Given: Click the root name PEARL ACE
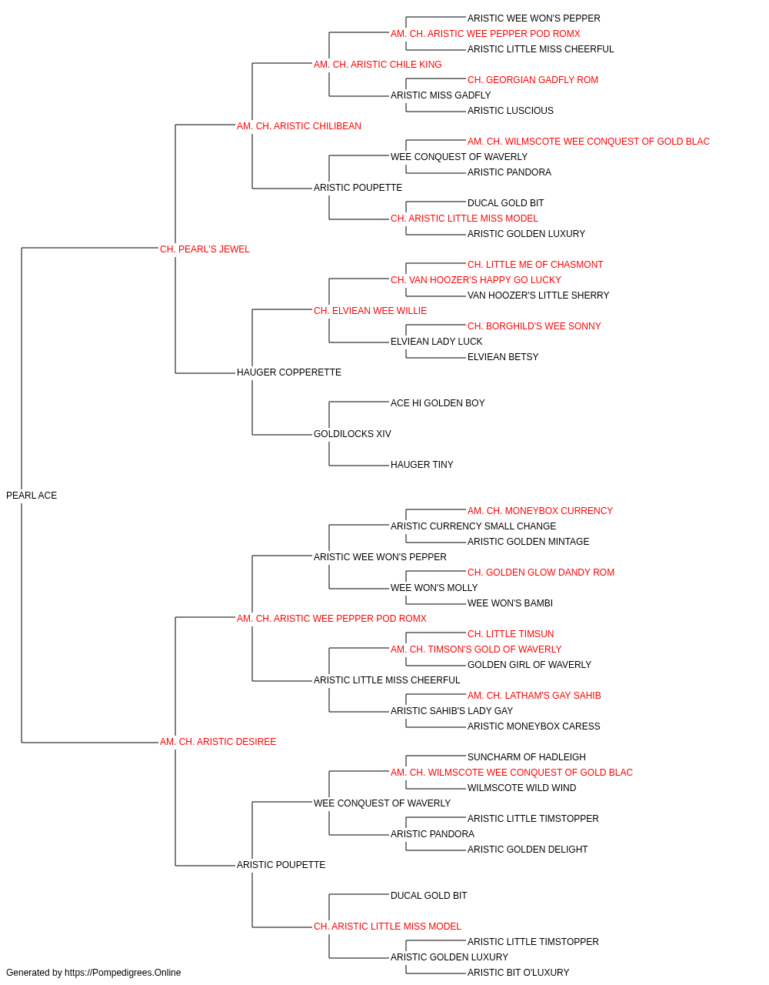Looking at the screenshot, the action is click(x=32, y=496).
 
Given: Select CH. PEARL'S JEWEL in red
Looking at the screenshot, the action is click(x=205, y=249).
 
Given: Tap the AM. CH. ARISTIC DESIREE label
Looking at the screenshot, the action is click(x=218, y=742).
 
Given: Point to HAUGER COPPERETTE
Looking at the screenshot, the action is click(x=289, y=372).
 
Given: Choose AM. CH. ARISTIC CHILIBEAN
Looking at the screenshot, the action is click(x=299, y=126).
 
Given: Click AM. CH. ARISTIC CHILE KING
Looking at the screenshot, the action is click(x=378, y=65).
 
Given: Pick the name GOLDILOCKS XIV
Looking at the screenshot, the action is click(x=352, y=434).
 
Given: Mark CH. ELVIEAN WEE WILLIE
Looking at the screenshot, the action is click(x=371, y=310).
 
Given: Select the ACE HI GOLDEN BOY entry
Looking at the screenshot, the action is click(x=438, y=403).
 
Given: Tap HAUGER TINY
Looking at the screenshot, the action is click(x=422, y=465).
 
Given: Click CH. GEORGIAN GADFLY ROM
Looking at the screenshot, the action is click(x=533, y=80).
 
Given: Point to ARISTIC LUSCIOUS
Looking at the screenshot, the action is click(x=511, y=111).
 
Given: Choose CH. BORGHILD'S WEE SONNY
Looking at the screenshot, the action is click(x=534, y=326).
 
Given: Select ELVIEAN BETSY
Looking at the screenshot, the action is click(x=503, y=357).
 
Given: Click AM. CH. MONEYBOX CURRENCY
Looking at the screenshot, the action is click(x=540, y=511).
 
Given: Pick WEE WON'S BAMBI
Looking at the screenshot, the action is click(x=510, y=603).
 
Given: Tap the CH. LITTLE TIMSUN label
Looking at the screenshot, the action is click(x=511, y=633).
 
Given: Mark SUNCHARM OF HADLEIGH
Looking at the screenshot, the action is click(x=526, y=757).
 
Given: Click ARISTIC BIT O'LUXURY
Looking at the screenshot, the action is click(x=518, y=973).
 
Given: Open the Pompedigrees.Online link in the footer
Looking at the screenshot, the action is click(x=123, y=973).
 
